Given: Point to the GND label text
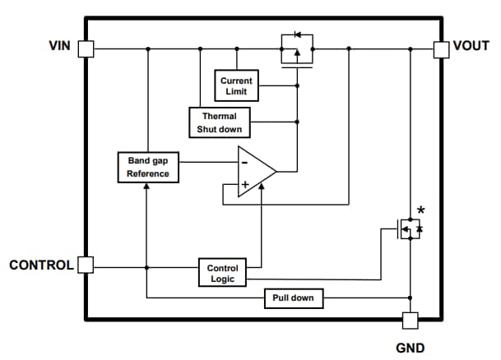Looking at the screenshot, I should click(x=411, y=348).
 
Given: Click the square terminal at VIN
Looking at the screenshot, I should click(x=86, y=49).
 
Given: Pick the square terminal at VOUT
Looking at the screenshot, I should click(x=442, y=49).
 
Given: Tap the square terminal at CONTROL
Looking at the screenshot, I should click(x=86, y=265).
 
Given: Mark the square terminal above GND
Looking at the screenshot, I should click(x=409, y=320).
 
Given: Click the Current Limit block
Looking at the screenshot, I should click(x=236, y=85).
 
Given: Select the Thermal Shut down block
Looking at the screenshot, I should click(x=219, y=122).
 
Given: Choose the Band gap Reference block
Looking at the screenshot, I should click(x=148, y=168).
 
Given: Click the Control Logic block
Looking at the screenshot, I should click(x=222, y=273).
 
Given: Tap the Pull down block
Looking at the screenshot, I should click(x=293, y=298).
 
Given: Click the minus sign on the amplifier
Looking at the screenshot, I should click(x=244, y=161).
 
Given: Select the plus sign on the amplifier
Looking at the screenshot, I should click(x=244, y=183).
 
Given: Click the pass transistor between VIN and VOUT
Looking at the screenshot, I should click(x=296, y=51).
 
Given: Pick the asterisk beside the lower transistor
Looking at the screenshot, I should click(x=421, y=212).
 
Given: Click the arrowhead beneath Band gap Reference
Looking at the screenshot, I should click(x=146, y=187).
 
